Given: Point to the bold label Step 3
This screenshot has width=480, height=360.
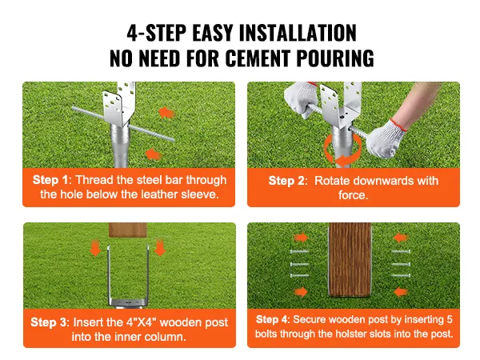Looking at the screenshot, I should click(51, 322).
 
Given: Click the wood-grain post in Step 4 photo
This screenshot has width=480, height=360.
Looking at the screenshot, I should click(354, 264).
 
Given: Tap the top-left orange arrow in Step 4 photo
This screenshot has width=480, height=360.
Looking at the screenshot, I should click(301, 238).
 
